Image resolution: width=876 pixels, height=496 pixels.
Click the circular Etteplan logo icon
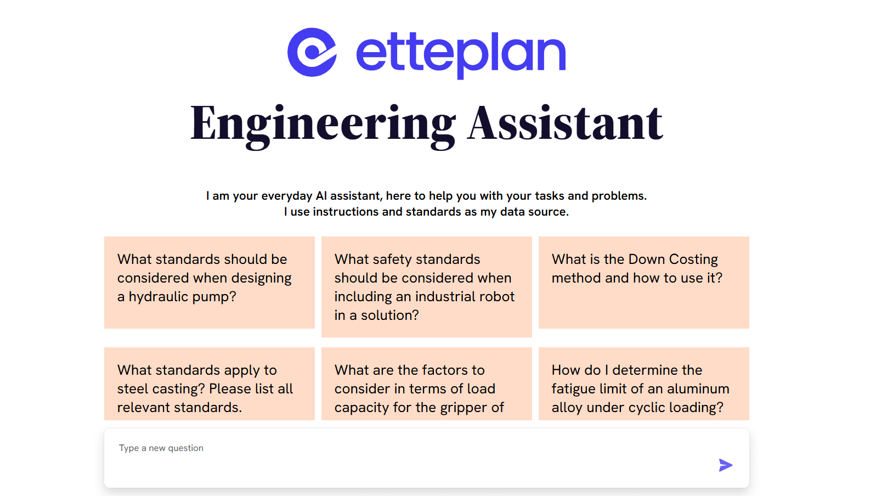pos(312,52)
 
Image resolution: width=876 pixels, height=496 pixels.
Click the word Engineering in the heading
pos(323,124)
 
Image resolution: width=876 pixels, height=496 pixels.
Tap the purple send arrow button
pos(726,465)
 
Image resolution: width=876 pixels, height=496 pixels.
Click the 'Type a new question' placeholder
pos(161,448)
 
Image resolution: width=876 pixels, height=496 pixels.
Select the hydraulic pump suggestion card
pos(209,283)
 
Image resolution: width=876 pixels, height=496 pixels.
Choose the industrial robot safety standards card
pos(426,286)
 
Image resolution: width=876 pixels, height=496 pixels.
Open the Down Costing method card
pos(643,283)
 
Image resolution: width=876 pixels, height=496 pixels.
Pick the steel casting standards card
pos(209,384)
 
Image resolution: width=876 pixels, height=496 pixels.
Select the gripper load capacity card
pos(426,384)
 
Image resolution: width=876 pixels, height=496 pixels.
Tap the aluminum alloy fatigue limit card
pos(643,384)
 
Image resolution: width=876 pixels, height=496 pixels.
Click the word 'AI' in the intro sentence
pos(321,196)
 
